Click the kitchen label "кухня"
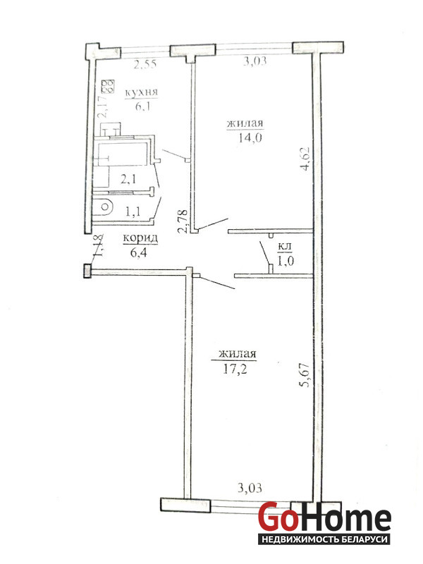click(142, 92)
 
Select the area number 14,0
click(250, 137)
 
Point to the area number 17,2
click(235, 369)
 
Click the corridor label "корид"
click(140, 238)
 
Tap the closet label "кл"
click(285, 247)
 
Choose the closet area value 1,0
click(286, 260)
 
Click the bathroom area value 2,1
click(128, 179)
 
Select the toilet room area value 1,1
click(133, 211)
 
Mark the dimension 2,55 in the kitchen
click(145, 64)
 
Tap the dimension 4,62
click(305, 159)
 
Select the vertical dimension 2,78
click(183, 221)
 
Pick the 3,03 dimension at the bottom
click(250, 488)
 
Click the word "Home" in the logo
click(345, 519)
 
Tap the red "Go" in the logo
click(278, 518)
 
